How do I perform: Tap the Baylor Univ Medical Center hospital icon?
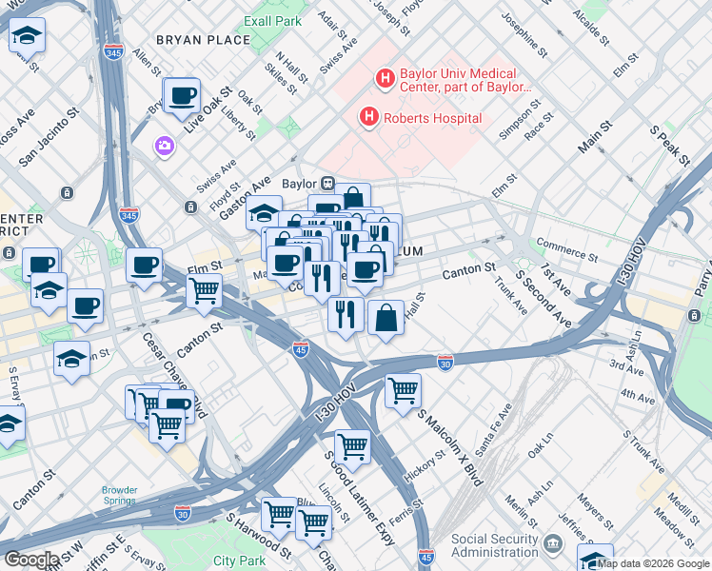(x=386, y=79)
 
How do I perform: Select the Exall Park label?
(x=272, y=20)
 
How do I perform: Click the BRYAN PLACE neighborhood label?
(x=204, y=40)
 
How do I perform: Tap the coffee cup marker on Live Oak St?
(x=182, y=95)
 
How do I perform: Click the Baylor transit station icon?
(x=326, y=184)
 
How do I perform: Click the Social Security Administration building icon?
(x=553, y=545)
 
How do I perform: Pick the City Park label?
(x=239, y=561)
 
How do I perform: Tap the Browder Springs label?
(x=120, y=496)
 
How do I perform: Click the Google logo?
(x=30, y=559)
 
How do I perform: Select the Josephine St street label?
(x=524, y=33)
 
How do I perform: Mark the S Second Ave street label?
(x=544, y=300)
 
